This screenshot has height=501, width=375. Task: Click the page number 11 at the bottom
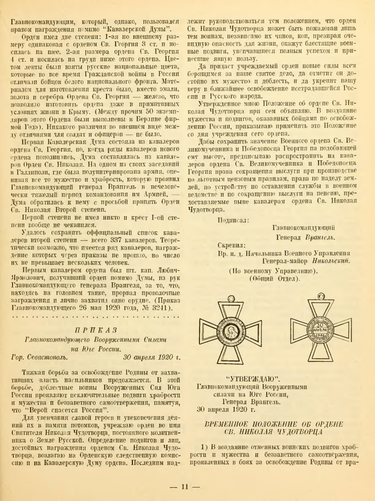[187, 487]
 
